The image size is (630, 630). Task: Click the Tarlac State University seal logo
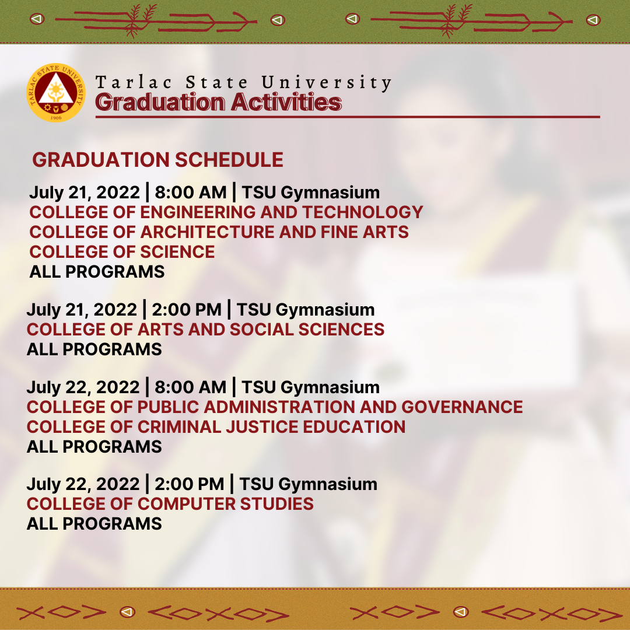56,92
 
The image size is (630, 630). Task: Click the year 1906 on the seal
56,118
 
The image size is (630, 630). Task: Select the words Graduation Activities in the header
218,101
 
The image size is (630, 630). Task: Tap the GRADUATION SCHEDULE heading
158,159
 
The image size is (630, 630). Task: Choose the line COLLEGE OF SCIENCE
122,252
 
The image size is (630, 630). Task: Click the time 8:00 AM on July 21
191,192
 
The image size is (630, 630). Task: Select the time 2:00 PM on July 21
187,310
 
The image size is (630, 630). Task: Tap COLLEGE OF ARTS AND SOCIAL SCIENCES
205,330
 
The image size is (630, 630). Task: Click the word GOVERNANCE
462,407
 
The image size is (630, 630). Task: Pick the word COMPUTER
187,504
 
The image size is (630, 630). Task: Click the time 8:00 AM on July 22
190,387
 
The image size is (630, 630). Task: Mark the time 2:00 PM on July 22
189,484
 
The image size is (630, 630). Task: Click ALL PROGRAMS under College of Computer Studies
94,524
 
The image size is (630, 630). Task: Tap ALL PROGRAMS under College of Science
97,272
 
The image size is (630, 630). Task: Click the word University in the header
326,83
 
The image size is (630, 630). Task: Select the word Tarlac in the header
134,82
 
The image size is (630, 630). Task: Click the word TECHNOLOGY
363,212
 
